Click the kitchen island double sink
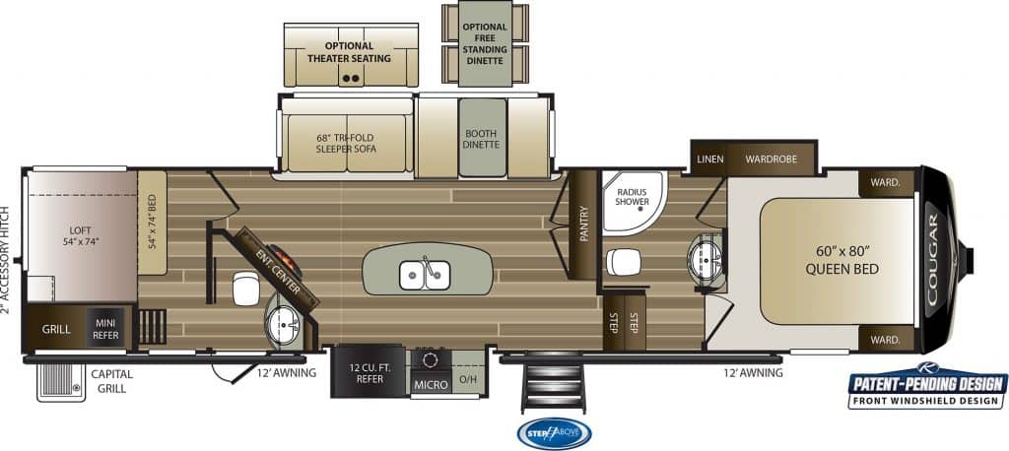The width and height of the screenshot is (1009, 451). (425, 276)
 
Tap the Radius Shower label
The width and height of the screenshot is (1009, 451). (632, 197)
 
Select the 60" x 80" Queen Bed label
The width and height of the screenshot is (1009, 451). (841, 260)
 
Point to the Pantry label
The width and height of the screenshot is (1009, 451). (584, 224)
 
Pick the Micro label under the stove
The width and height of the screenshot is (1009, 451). (431, 385)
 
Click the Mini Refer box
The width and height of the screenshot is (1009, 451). (105, 329)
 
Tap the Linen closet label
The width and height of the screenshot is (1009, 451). (709, 159)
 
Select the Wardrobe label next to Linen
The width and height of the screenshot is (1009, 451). (771, 159)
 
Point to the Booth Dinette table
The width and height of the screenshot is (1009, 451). (482, 138)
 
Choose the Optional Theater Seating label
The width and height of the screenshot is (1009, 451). (349, 52)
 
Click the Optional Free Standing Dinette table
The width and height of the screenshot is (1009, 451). (485, 43)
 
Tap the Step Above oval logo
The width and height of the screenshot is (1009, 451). (554, 433)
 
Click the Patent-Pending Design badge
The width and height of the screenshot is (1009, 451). (927, 386)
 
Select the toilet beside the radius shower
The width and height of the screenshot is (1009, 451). (623, 262)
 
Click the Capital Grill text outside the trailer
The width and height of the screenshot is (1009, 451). (111, 381)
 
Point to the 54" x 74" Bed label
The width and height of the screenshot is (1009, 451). (153, 222)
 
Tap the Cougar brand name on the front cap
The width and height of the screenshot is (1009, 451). (932, 259)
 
